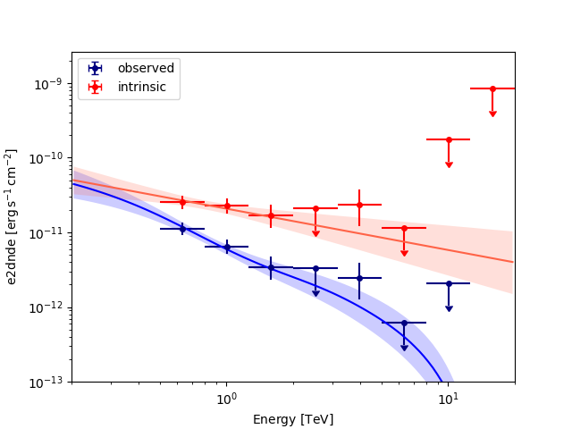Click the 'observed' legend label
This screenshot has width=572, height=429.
[146, 69]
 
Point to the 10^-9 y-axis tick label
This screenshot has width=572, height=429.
[46, 84]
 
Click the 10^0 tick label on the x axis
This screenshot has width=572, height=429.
[226, 399]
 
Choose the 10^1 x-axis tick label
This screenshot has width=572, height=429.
[448, 399]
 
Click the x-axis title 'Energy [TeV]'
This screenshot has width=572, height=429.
[293, 419]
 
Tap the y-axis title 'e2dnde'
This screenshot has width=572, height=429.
[13, 217]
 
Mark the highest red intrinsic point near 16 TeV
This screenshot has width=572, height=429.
[492, 88]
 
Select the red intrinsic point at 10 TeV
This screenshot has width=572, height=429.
[449, 139]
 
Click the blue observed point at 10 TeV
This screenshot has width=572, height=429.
[449, 283]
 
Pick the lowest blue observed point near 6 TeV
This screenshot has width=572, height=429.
[404, 323]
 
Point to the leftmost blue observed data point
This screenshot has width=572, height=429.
[182, 229]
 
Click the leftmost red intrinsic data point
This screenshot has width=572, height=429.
[182, 202]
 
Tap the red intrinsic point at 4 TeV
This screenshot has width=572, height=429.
[359, 205]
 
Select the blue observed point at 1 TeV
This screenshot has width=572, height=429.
[226, 247]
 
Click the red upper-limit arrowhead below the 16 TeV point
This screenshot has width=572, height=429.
[492, 114]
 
